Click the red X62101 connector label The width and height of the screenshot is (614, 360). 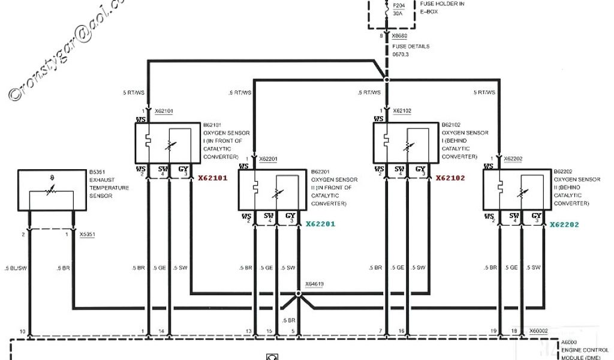coord(213,178)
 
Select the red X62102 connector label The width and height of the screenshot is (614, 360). coord(450,178)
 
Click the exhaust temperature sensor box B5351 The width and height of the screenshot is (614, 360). coord(51,190)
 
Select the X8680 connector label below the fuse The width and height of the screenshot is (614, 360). coord(399,36)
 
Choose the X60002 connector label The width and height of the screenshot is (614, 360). coord(539,331)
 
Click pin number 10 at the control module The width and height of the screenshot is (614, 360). coord(22,331)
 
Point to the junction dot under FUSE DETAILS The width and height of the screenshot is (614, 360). coord(387,79)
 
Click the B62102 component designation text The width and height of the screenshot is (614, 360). coord(454,125)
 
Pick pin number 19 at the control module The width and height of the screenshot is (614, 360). coord(493,331)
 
